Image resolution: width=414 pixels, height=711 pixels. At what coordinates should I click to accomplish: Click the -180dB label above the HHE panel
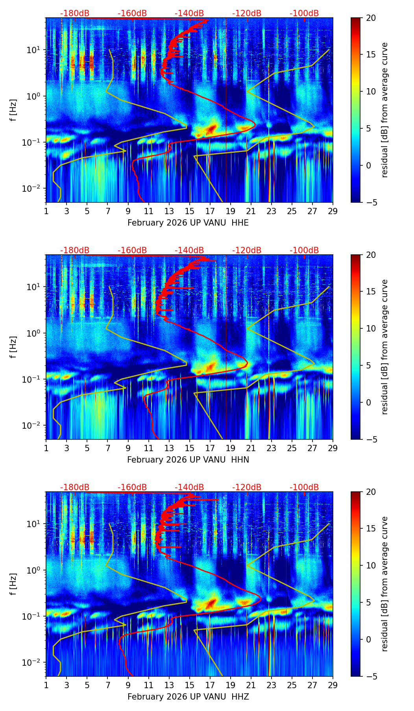tap(75, 13)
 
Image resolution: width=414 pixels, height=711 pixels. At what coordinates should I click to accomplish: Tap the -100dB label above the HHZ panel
tap(304, 487)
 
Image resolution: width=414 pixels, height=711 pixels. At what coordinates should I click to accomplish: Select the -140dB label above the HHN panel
tap(189, 250)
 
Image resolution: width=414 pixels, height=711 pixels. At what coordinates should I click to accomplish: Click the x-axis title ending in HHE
tap(188, 223)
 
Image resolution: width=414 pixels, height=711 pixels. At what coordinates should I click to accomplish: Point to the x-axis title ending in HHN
tap(188, 460)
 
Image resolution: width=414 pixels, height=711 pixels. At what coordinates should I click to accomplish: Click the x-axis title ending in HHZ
tap(188, 697)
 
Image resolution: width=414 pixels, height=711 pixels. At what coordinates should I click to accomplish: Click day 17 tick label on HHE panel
tap(210, 211)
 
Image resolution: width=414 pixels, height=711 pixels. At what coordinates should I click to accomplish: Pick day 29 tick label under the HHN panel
tap(333, 448)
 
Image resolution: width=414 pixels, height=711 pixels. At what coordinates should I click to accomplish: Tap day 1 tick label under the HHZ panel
tap(46, 685)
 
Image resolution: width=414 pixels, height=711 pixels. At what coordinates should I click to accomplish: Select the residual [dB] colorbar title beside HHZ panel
tap(385, 584)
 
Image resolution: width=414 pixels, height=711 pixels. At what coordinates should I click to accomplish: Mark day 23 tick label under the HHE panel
tap(272, 211)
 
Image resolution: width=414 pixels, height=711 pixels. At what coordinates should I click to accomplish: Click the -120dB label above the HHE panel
tap(247, 13)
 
